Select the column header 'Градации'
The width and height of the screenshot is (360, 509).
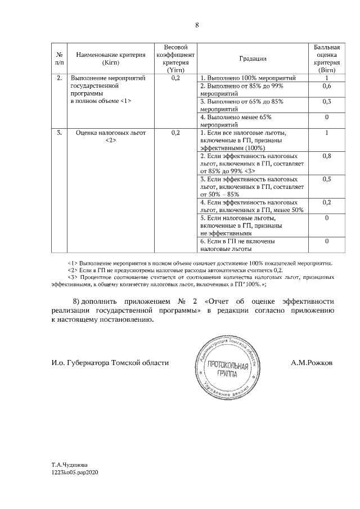pos(253,58)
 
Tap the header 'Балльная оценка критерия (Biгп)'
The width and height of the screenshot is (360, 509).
pos(326,58)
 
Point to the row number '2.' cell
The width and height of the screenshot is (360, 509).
pos(59,78)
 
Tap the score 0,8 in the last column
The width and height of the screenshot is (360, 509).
pos(326,155)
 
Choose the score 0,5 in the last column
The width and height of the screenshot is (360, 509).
pos(326,179)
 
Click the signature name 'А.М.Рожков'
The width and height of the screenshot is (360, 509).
pos(312,363)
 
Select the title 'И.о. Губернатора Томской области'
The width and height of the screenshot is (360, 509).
pos(110,363)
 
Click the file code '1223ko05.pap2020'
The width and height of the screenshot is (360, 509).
pos(75,474)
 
